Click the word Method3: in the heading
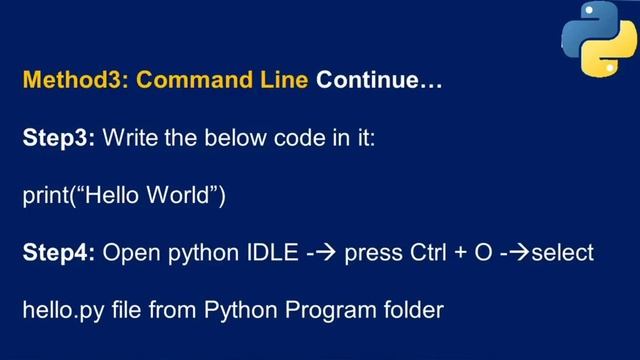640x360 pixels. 75,80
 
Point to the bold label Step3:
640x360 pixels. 58,138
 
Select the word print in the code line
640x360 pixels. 45,195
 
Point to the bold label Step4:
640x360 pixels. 58,253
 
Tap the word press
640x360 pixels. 373,253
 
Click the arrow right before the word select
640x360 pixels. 519,253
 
